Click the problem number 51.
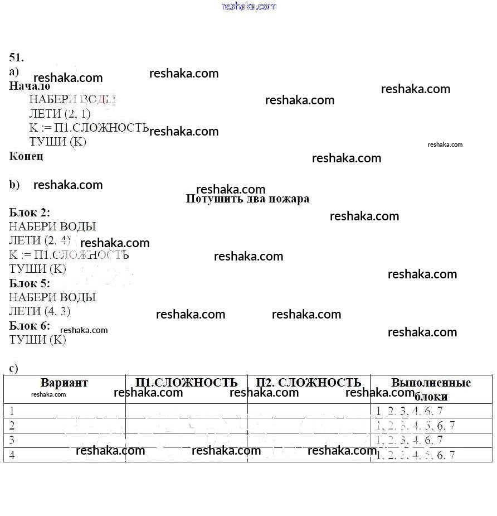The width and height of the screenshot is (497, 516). [x=16, y=57]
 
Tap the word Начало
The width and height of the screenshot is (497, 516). [x=30, y=86]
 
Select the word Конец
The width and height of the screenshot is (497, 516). [x=26, y=156]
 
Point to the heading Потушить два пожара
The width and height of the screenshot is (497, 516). [x=247, y=199]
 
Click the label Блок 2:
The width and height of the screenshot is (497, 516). [x=30, y=213]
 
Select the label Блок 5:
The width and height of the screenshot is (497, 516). [x=30, y=283]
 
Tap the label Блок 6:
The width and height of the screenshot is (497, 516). [x=30, y=325]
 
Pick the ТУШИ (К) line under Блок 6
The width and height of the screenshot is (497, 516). [x=37, y=340]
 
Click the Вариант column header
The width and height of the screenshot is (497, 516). [x=64, y=383]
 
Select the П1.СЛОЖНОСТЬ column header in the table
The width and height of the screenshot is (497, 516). [x=186, y=383]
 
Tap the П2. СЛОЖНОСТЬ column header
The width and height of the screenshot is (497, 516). [x=309, y=383]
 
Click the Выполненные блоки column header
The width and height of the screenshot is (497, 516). [x=431, y=389]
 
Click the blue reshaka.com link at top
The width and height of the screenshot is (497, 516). [x=248, y=6]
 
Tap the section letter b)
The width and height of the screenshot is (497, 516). [x=14, y=185]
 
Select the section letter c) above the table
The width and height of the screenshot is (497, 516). [x=14, y=368]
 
